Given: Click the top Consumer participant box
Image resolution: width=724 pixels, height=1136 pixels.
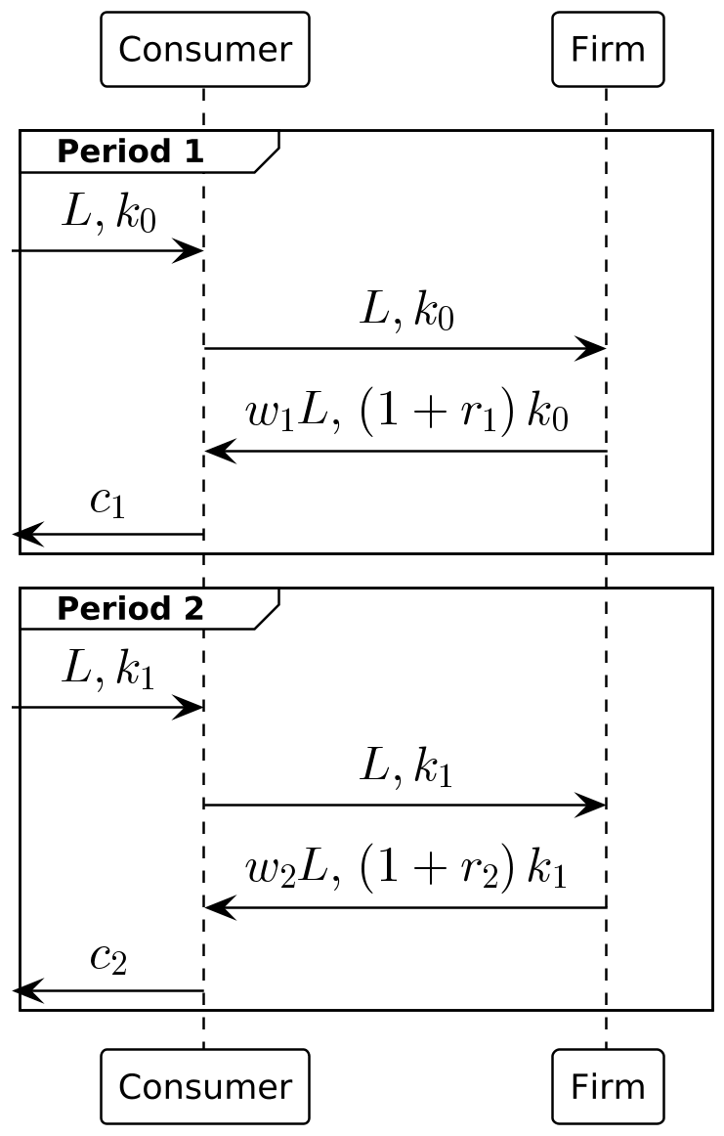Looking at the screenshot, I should [204, 49].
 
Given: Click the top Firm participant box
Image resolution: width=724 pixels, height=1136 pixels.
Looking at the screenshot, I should [607, 49].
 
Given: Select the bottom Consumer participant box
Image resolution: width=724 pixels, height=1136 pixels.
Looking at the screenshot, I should [204, 1086].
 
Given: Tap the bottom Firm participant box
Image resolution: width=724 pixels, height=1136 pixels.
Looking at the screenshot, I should [607, 1086].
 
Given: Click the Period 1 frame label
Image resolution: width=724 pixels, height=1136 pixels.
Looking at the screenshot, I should [130, 152].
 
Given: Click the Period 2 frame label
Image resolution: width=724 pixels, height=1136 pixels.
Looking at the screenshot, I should [130, 609].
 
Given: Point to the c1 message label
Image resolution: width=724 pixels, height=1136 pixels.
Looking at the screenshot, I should [107, 502].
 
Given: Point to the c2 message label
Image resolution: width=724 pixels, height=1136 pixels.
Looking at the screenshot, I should [107, 958].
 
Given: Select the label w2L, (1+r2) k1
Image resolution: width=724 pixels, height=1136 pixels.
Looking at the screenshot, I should [406, 871].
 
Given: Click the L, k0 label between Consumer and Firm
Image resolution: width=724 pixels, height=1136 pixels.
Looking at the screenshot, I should [406, 312].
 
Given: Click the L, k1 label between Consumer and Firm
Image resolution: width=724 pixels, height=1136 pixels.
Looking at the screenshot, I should [406, 768].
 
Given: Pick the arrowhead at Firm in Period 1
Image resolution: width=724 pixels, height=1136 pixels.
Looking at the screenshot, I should [592, 348].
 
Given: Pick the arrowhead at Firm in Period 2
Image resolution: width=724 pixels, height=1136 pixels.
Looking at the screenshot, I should [592, 806].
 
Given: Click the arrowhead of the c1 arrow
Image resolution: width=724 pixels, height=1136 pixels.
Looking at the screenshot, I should [25, 535].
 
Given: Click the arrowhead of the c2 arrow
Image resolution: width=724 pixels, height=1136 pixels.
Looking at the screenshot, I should [25, 991].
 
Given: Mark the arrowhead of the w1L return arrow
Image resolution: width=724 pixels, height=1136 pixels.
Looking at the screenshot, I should [219, 452].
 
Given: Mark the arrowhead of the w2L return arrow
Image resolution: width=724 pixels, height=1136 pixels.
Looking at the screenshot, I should [219, 908].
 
